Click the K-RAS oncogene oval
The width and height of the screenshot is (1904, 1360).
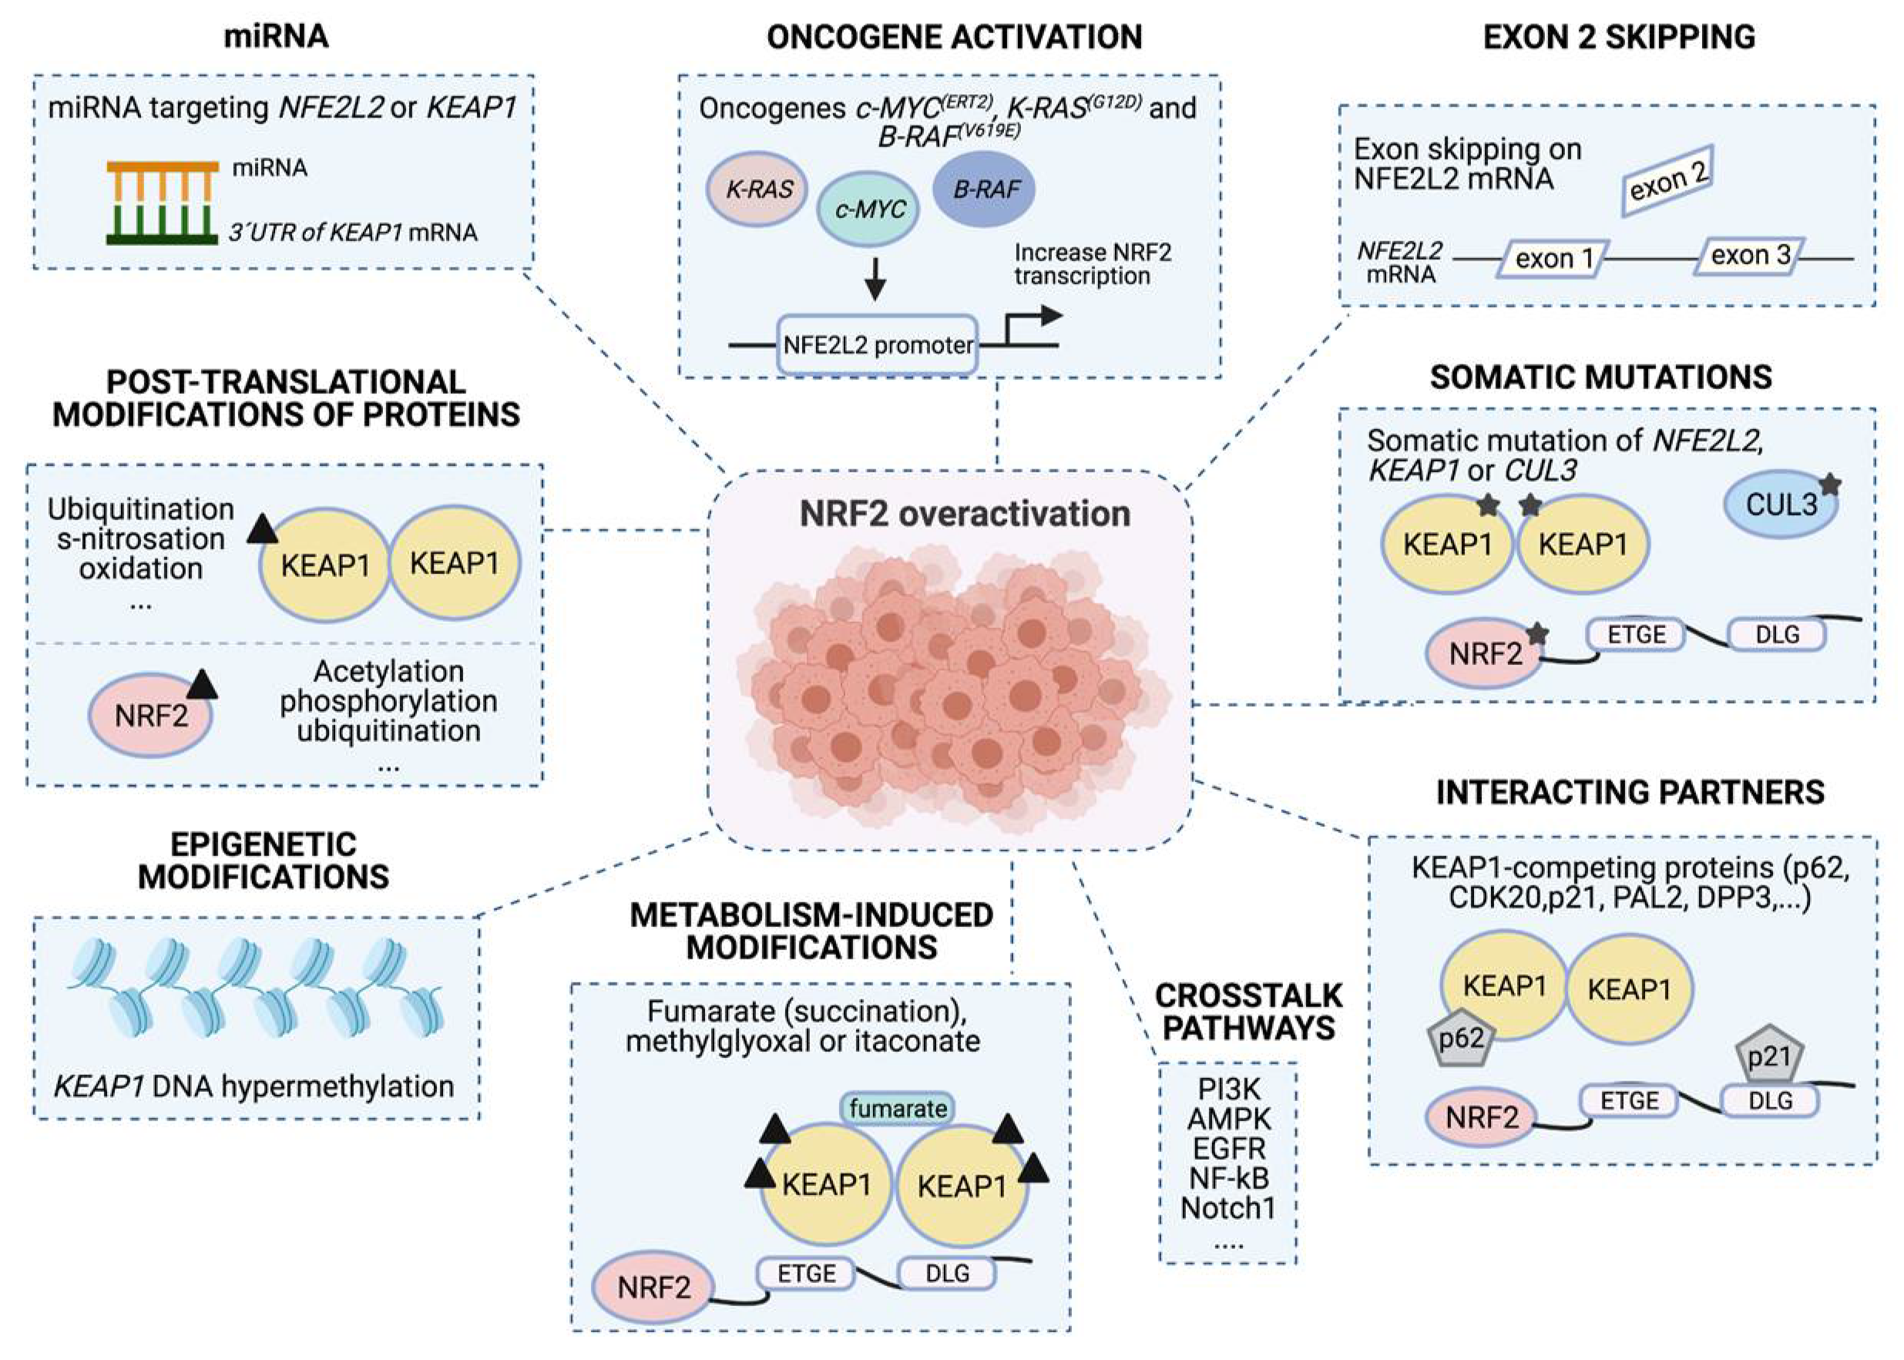click(757, 189)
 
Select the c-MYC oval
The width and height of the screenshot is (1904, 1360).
click(868, 210)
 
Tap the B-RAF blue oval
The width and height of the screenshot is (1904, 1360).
click(984, 190)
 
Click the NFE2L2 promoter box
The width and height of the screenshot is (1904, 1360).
click(878, 344)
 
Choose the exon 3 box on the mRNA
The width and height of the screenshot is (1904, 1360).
click(1750, 257)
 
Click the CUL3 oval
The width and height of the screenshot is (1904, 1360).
click(1781, 505)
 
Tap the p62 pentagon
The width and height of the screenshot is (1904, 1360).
click(1461, 1039)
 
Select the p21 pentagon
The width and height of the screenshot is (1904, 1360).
click(1768, 1056)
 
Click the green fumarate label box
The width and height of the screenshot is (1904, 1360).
click(898, 1109)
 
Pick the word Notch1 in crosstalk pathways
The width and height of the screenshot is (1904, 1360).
click(1228, 1207)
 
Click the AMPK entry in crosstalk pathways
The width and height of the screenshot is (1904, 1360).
click(1229, 1119)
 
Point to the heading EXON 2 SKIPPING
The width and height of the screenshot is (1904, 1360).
click(1620, 37)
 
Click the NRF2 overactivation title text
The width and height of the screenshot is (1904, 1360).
click(965, 513)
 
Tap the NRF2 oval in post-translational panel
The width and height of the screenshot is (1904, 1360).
click(151, 716)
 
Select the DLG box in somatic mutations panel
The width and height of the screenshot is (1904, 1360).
click(1777, 634)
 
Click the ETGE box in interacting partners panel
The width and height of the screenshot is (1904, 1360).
click(1630, 1100)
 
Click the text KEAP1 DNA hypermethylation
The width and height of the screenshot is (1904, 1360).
click(254, 1086)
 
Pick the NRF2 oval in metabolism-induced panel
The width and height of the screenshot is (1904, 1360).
click(654, 1287)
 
